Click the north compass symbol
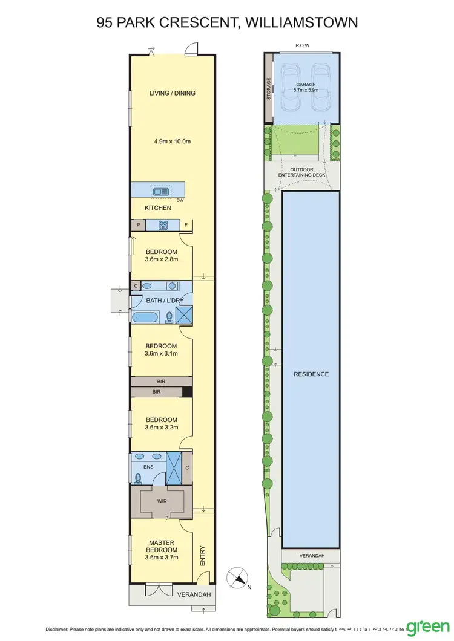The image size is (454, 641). coord(237,578)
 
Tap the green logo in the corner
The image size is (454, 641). coord(427,626)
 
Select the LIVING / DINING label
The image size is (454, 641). coord(173,93)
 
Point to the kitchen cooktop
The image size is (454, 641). coord(163,225)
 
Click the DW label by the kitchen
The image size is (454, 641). coord(180,200)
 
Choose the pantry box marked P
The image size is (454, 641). coord(138,225)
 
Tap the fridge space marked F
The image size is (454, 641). coord(186,225)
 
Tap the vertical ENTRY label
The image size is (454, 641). coord(202,556)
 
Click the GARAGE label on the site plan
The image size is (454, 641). coord(306,85)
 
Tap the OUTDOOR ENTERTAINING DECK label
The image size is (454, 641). coord(301,172)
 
